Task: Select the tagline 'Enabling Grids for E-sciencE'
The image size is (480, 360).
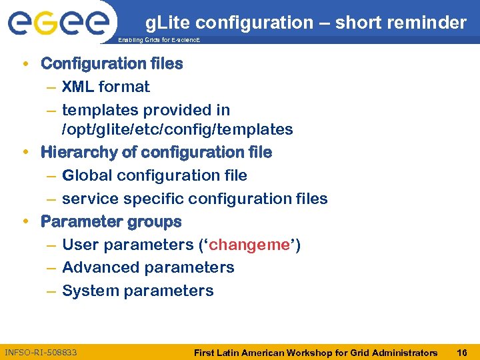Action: click(x=159, y=41)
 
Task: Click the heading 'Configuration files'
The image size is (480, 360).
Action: click(x=111, y=63)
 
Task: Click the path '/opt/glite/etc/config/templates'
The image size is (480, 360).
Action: click(x=177, y=129)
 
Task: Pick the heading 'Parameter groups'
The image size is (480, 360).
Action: click(x=111, y=221)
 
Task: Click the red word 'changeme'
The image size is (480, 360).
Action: click(x=249, y=245)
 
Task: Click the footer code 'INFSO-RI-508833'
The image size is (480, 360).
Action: click(x=41, y=351)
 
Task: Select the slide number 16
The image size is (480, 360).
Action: click(x=461, y=352)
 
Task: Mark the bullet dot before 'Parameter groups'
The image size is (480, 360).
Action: click(x=25, y=221)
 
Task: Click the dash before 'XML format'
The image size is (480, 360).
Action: click(x=52, y=87)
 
